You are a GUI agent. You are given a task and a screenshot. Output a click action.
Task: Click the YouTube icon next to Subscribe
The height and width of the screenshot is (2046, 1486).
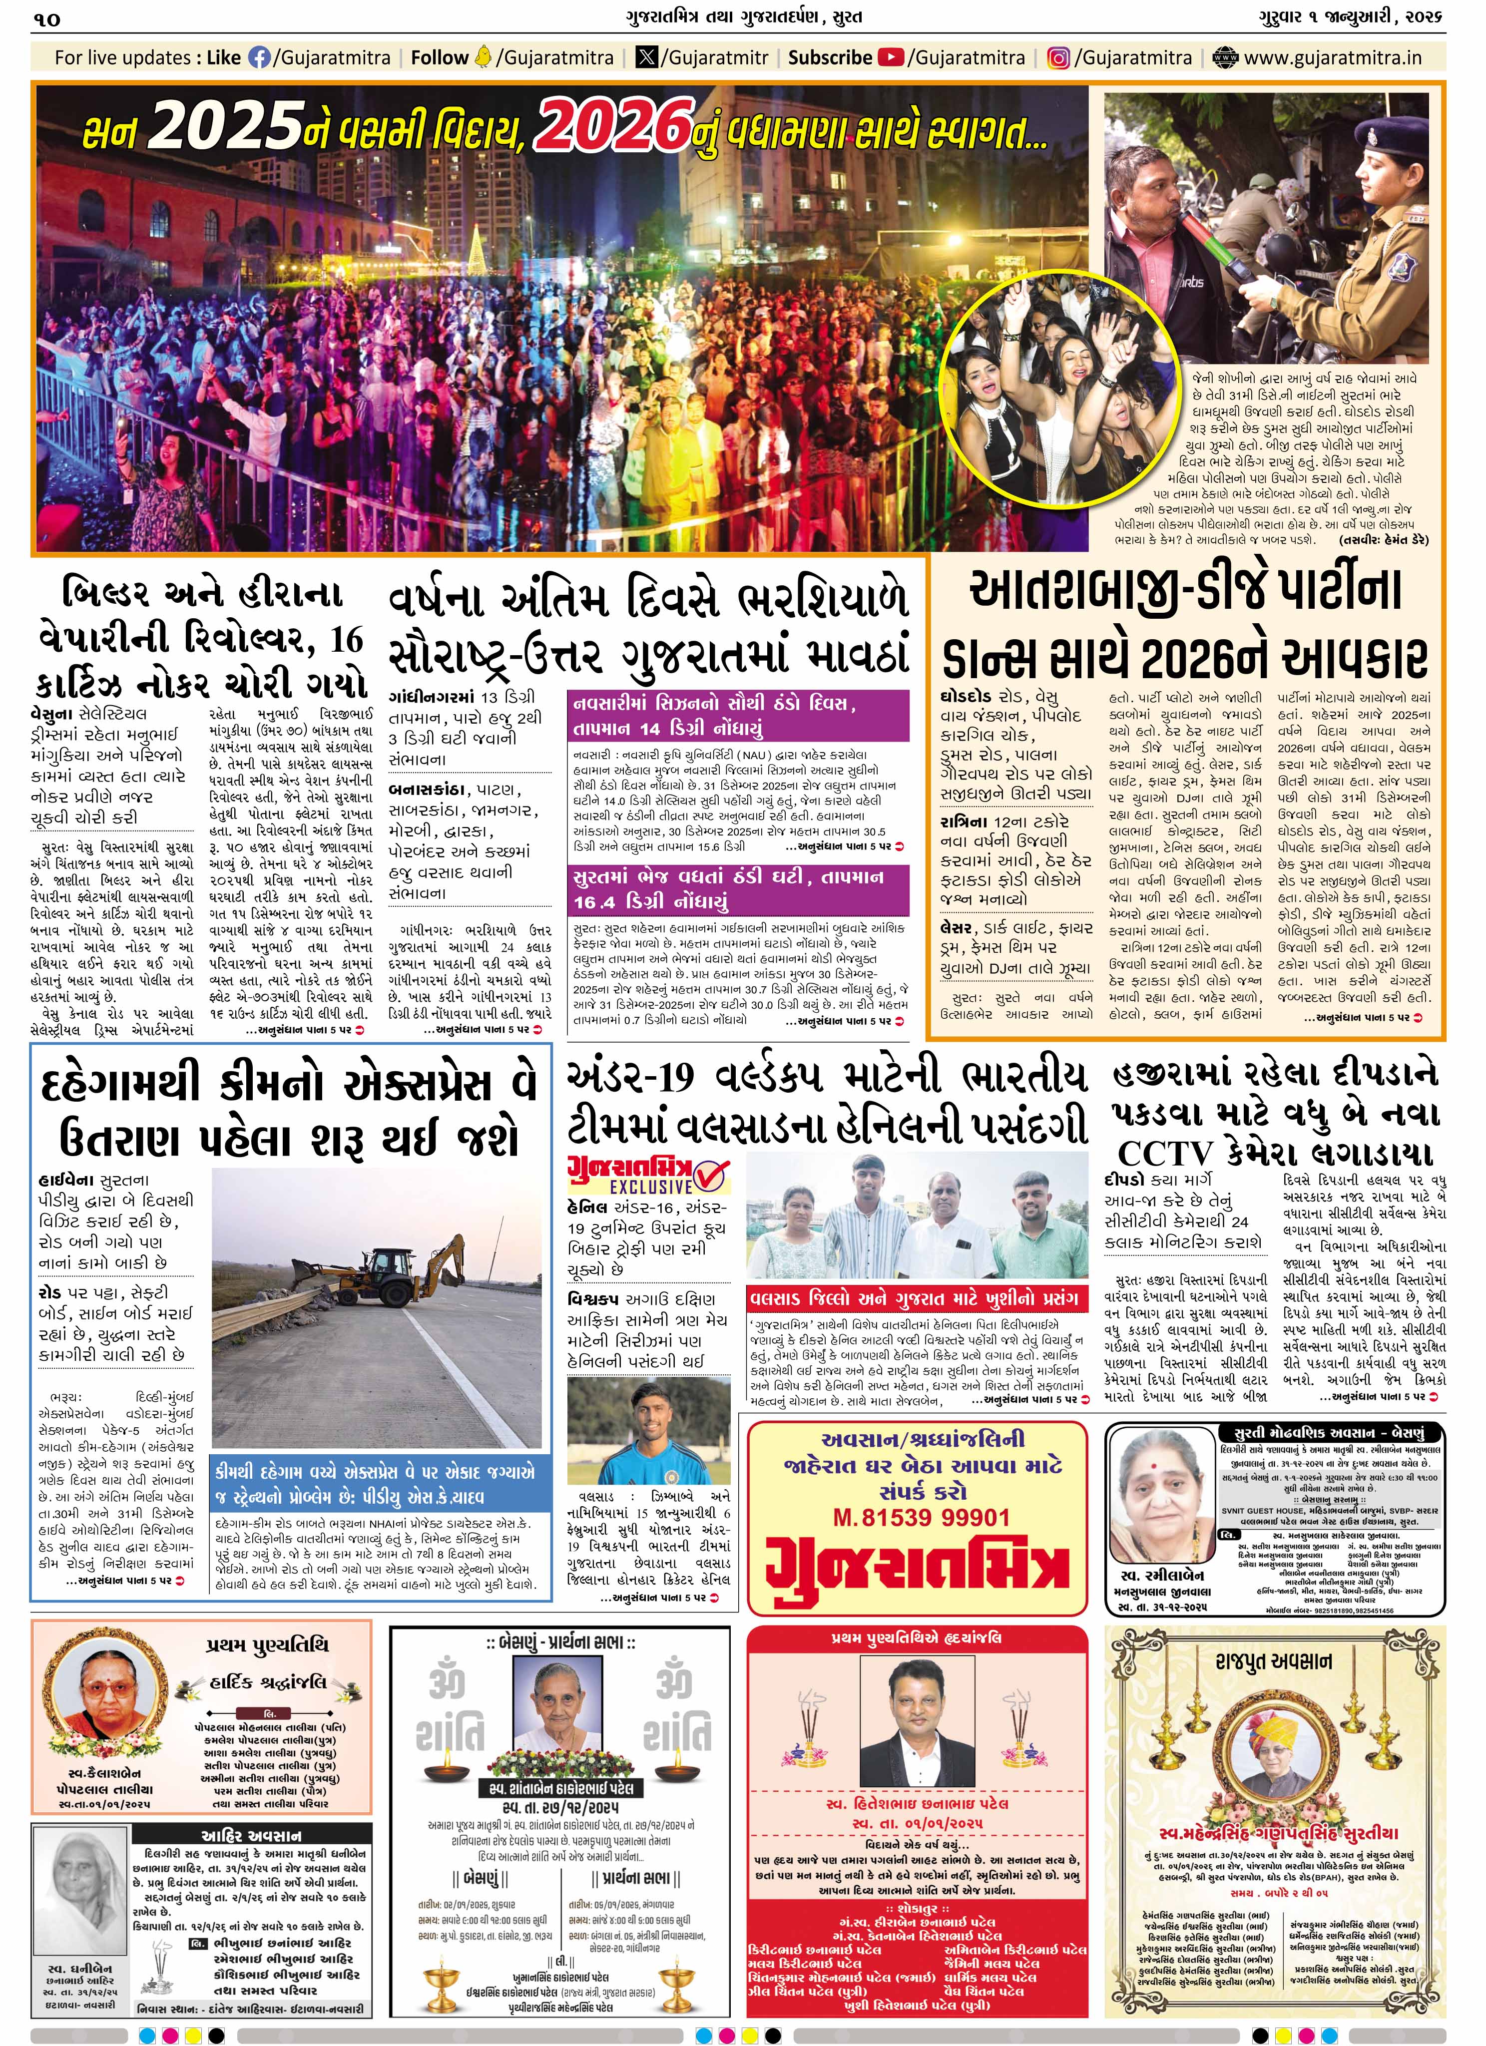pos(892,58)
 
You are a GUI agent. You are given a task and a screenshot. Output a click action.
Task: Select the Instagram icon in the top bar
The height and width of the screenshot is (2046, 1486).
pos(1058,58)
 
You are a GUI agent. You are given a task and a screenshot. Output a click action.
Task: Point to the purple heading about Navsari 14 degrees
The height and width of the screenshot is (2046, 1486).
pos(739,716)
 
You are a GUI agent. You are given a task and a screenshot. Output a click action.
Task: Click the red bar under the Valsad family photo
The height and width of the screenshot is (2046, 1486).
pos(916,1299)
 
